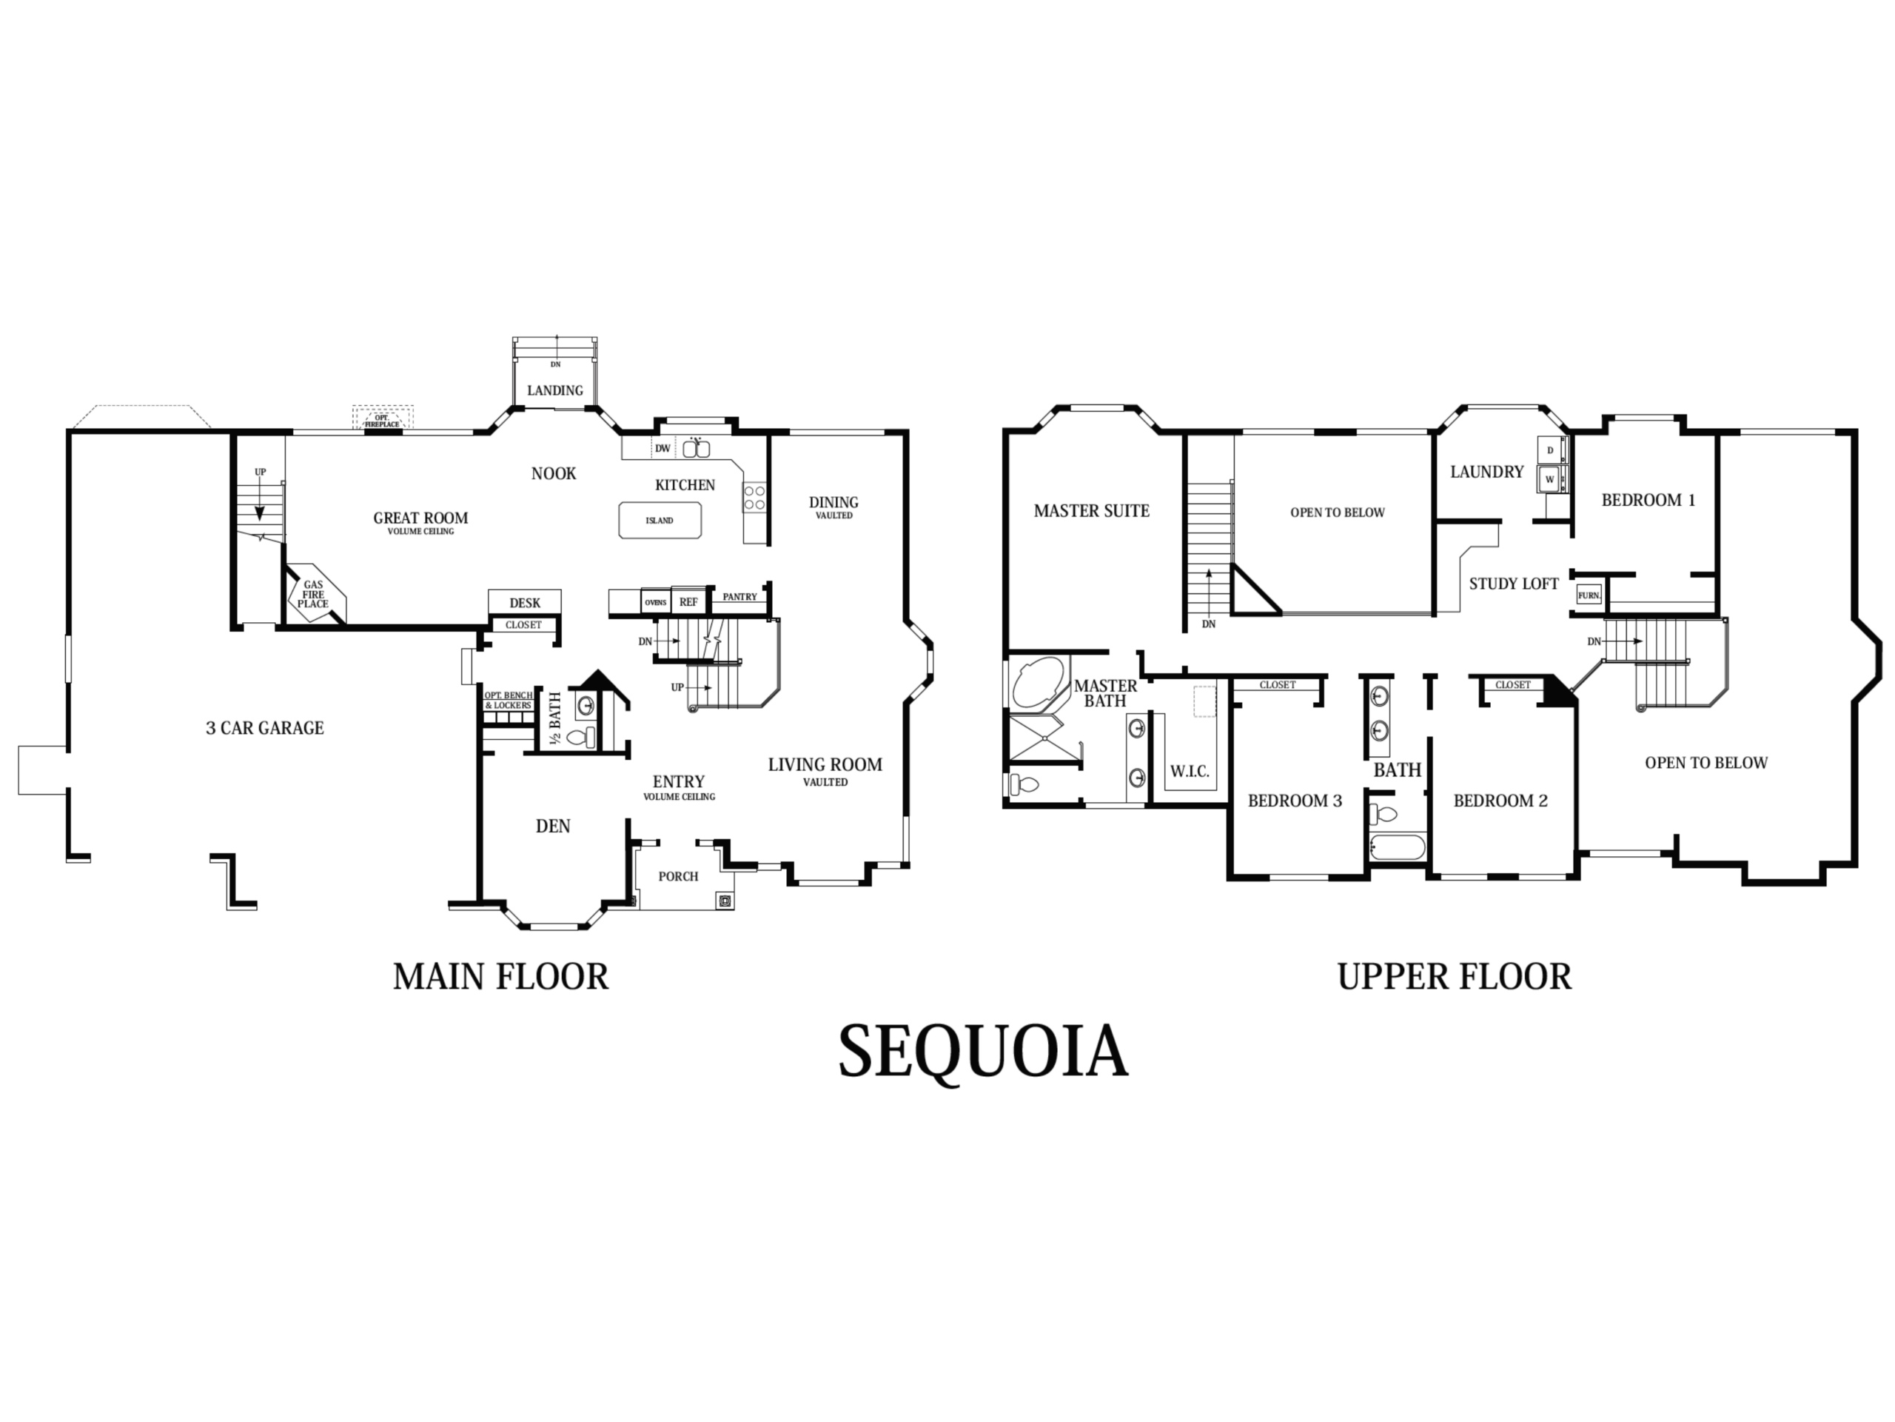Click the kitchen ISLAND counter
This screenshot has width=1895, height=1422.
pos(660,520)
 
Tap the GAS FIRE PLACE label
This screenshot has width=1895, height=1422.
pos(314,594)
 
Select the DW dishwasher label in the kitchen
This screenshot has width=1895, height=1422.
pos(663,448)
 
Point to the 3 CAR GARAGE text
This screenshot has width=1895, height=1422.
pos(265,728)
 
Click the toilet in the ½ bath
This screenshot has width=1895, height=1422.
pos(582,737)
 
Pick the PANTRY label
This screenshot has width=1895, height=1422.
pos(739,596)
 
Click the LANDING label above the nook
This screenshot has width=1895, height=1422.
pos(555,390)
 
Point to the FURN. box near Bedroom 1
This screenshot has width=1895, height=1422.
pos(1589,595)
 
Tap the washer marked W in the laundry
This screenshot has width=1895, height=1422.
pos(1550,479)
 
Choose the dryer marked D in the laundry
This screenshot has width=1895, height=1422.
pos(1550,450)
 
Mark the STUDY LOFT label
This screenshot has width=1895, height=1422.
pos(1514,584)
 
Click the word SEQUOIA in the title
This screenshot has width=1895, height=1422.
pos(982,1052)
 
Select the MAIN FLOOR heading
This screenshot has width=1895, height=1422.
pos(500,977)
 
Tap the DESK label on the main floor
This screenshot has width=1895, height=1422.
pos(525,603)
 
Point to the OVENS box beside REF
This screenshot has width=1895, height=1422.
pos(655,603)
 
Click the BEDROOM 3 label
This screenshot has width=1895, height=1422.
pos(1295,801)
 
